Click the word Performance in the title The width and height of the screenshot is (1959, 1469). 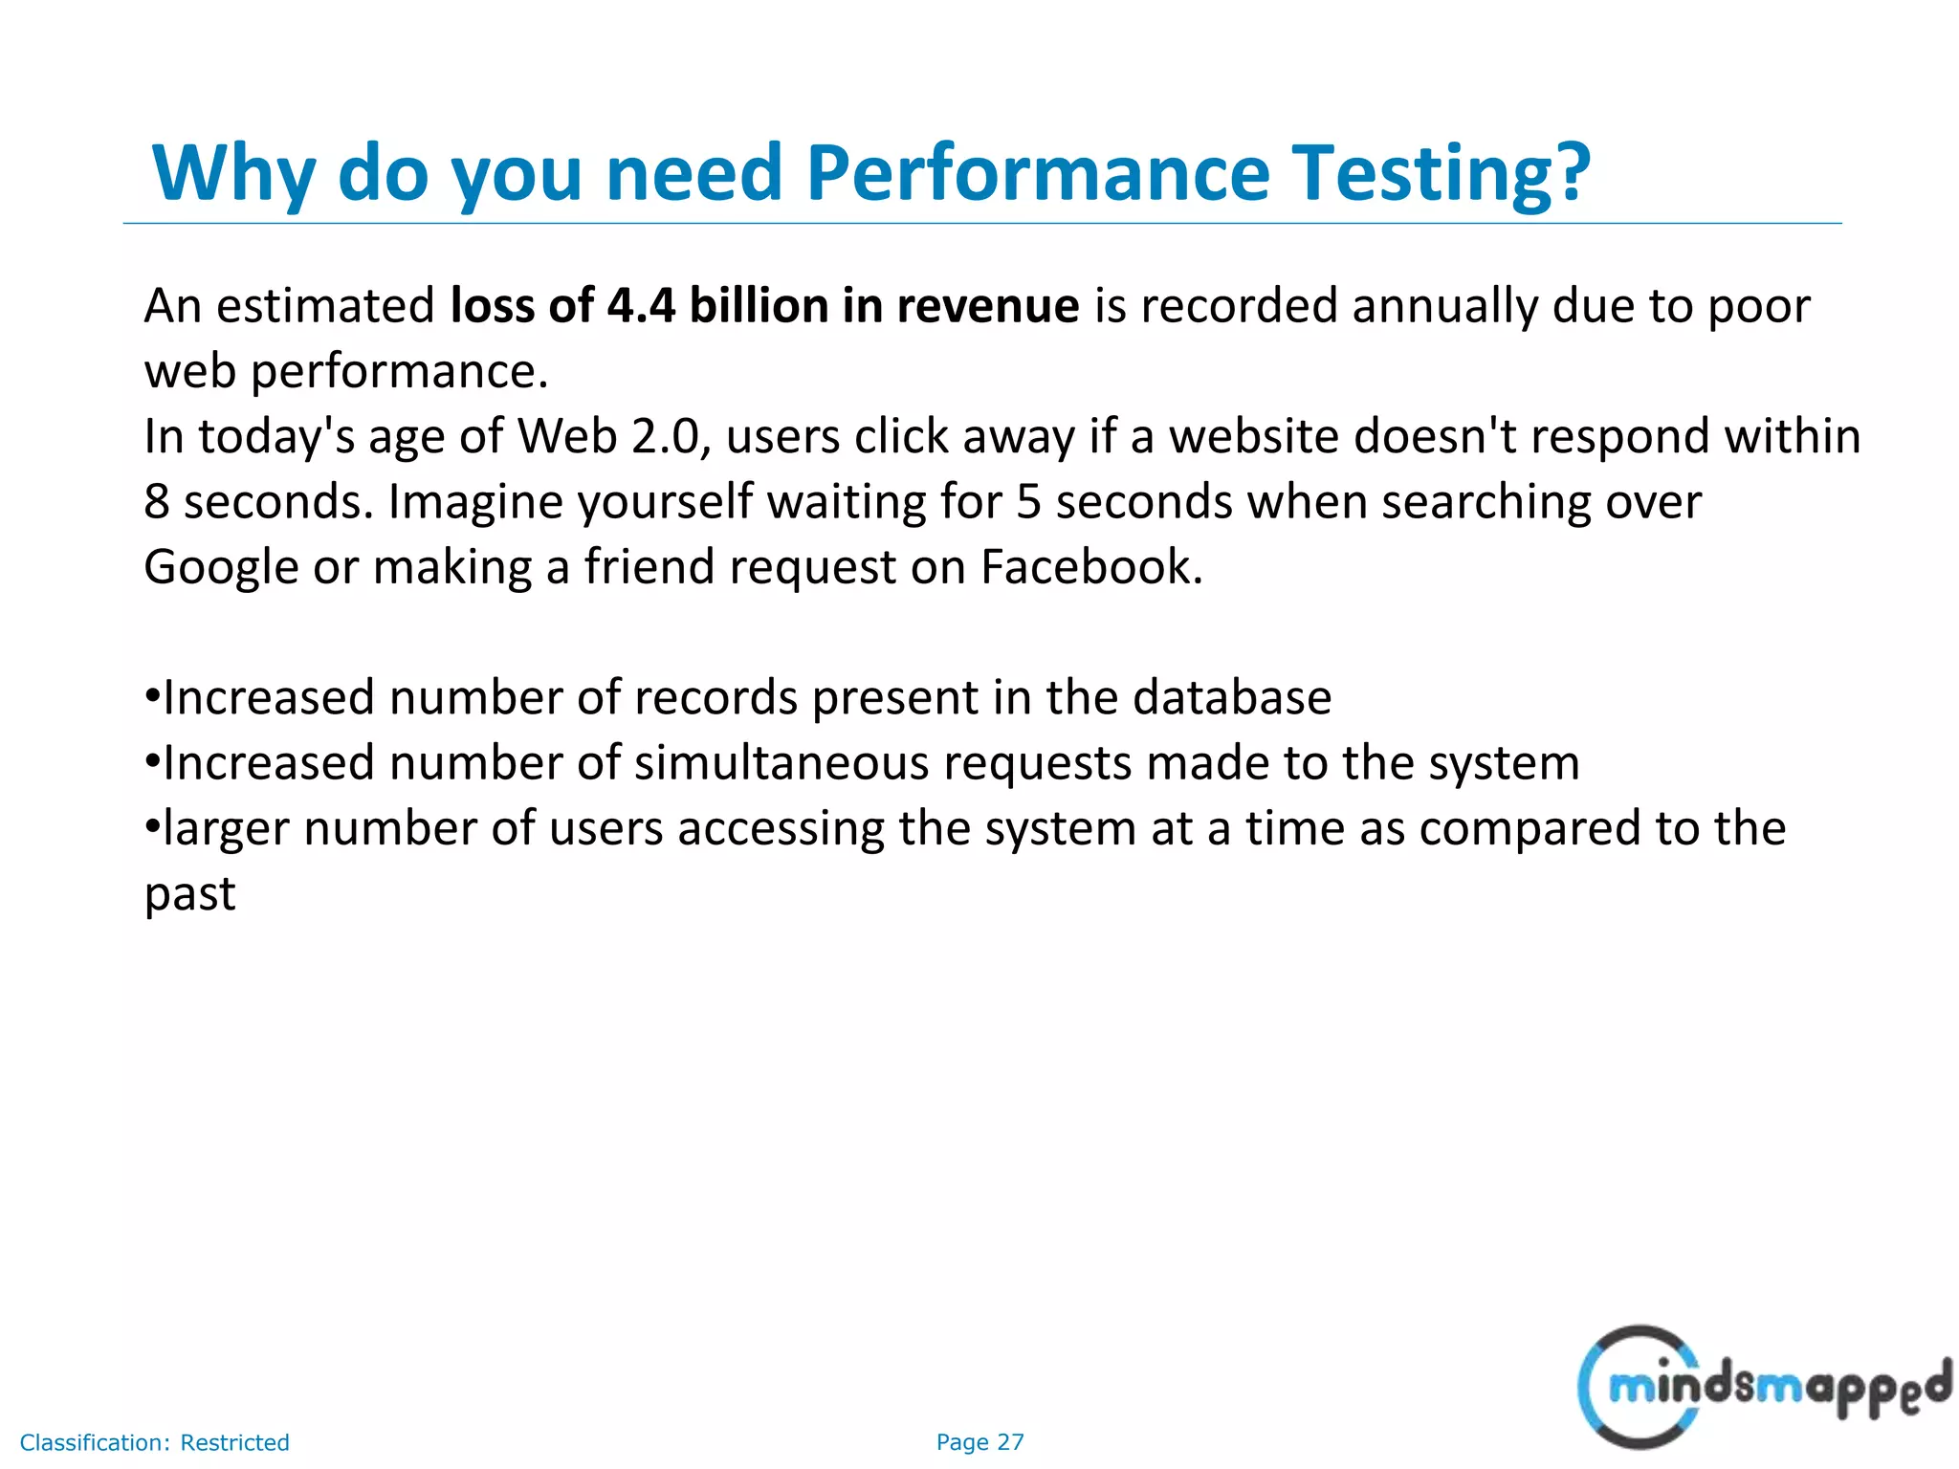point(1037,173)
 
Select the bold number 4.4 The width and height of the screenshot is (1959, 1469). point(641,306)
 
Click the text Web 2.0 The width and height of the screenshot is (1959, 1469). point(613,436)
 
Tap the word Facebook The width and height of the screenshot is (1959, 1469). point(1090,567)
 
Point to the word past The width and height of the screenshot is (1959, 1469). point(189,893)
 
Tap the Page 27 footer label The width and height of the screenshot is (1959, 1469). point(979,1442)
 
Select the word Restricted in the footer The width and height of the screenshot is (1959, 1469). point(234,1442)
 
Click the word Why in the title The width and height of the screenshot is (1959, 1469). point(233,173)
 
